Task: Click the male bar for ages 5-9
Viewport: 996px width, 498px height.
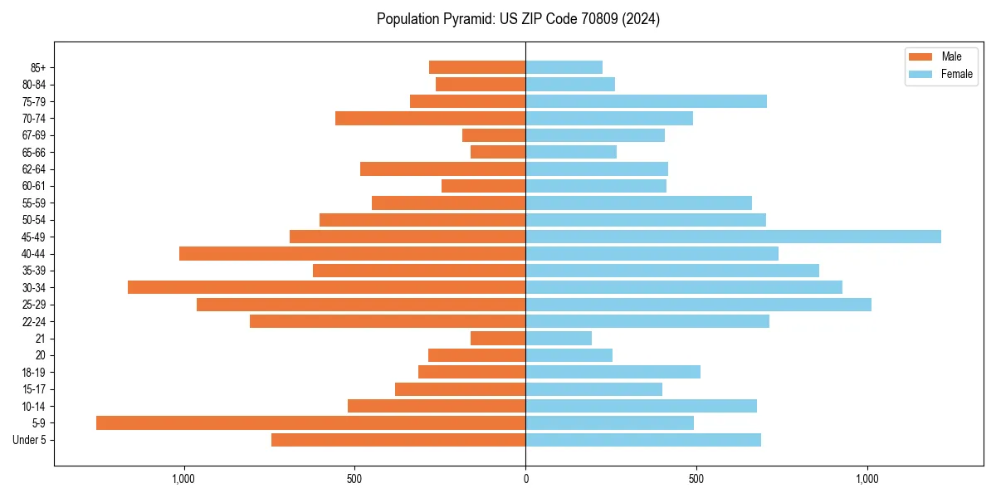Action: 310,423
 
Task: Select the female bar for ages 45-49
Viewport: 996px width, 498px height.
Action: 733,237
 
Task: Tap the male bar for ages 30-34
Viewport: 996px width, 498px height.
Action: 326,287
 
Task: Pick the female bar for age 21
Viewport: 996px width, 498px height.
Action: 559,339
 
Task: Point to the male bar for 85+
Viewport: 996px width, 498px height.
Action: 477,67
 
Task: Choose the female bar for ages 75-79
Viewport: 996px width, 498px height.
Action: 646,101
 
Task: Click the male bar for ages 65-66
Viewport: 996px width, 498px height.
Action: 498,152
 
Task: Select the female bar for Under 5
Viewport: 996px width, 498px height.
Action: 643,440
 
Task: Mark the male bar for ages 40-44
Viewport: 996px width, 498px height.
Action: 352,253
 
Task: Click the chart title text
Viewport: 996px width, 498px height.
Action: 518,19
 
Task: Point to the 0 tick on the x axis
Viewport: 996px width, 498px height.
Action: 525,479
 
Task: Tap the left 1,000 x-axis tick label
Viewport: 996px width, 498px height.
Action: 183,479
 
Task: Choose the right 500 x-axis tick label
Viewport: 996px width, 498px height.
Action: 696,479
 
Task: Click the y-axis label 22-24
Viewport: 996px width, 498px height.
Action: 34,322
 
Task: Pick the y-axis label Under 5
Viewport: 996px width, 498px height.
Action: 30,440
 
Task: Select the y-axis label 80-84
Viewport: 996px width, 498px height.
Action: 34,85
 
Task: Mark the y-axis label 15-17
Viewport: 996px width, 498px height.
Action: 34,389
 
